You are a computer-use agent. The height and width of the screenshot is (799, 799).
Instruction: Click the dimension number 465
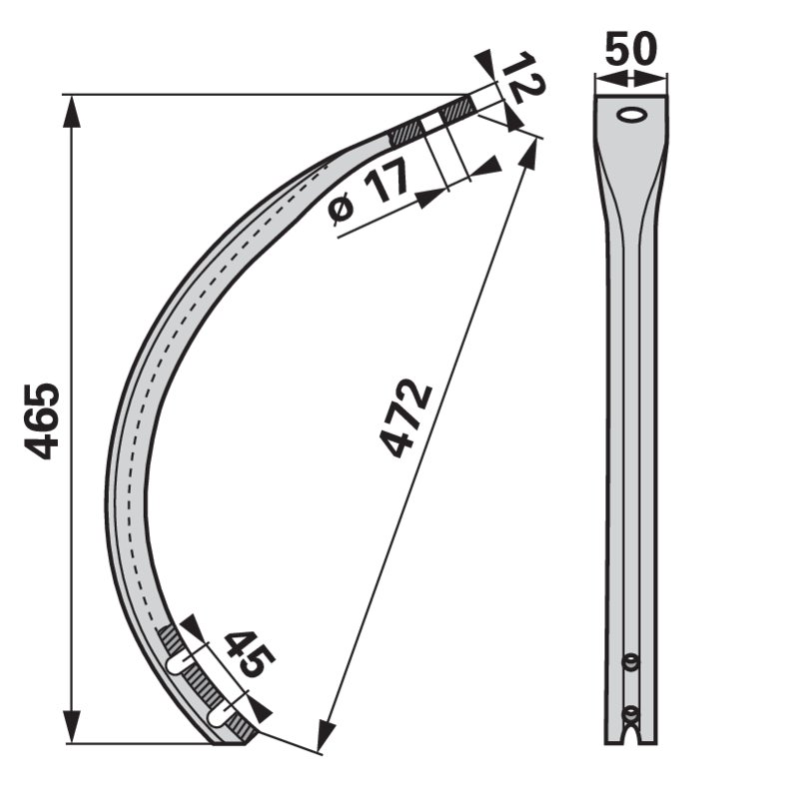(42, 421)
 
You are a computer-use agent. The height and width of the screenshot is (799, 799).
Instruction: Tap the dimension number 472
(406, 417)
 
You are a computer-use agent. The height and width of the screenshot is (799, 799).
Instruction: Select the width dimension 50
(631, 49)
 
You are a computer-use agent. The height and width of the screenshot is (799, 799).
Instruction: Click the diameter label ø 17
(369, 192)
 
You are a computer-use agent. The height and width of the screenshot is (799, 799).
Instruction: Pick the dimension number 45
(249, 654)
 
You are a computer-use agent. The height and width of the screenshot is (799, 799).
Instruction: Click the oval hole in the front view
(631, 114)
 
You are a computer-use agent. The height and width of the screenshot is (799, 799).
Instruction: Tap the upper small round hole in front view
(631, 661)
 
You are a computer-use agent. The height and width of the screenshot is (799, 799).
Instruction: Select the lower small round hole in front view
(631, 714)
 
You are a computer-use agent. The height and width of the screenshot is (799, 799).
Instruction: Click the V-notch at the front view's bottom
(631, 735)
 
